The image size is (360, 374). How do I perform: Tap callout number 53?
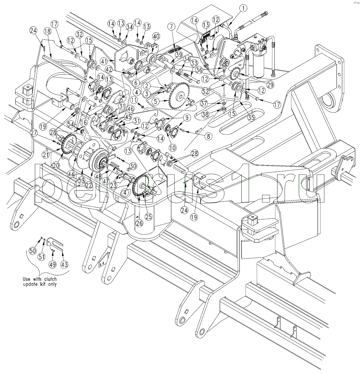(x=81, y=180)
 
